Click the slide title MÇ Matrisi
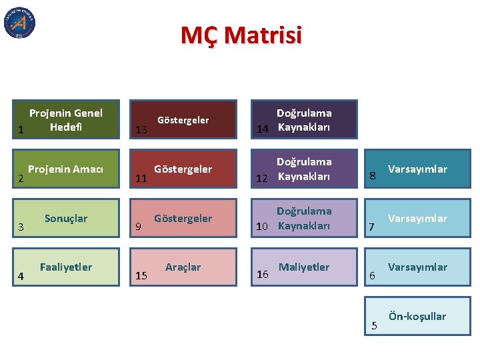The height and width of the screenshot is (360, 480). (x=241, y=35)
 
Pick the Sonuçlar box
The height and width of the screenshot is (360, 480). (x=66, y=218)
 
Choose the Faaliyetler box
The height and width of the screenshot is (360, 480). (x=66, y=267)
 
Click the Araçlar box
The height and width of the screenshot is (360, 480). (x=183, y=267)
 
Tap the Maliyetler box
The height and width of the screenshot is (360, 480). (x=304, y=267)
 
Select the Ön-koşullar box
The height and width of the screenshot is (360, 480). (x=417, y=316)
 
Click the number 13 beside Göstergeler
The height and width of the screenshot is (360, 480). (x=141, y=129)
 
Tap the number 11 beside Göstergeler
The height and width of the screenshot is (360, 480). (x=141, y=179)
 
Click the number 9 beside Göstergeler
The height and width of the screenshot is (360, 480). (x=138, y=227)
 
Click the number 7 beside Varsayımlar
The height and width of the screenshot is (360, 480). (x=373, y=228)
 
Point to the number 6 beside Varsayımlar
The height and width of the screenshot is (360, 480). (x=373, y=276)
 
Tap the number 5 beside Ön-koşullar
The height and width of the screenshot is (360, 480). (x=374, y=325)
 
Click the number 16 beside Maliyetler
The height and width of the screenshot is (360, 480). (x=263, y=275)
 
